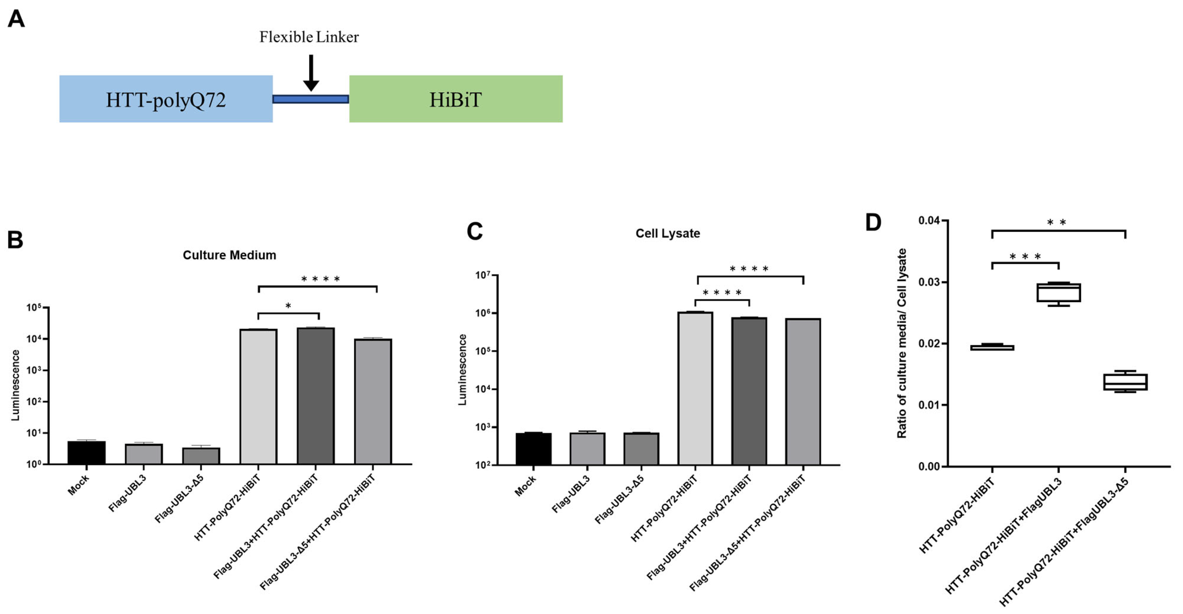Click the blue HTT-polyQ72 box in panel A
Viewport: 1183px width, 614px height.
166,99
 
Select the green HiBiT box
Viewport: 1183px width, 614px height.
456,99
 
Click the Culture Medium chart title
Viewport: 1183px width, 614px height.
229,255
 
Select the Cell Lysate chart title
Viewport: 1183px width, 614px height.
667,233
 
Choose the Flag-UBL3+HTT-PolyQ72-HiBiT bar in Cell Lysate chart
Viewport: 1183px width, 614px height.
749,391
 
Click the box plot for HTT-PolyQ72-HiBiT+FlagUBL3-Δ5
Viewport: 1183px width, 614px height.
1125,382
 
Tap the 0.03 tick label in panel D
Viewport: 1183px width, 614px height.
929,282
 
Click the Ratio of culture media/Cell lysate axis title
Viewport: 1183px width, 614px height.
902,343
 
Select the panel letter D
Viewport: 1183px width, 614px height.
873,222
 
